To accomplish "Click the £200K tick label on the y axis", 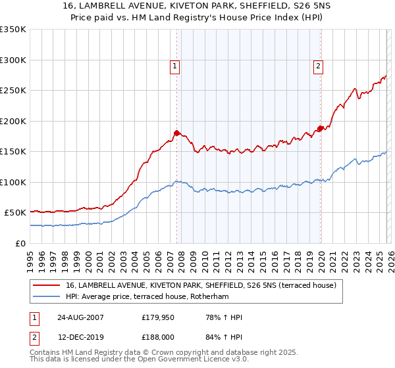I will (13, 121).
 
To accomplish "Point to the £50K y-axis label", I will (15, 213).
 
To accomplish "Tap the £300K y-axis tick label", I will (13, 60).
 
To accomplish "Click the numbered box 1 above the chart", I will (175, 65).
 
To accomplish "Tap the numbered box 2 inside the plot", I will (318, 65).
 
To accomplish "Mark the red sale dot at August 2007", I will (176, 133).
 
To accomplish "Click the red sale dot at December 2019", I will (321, 128).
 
